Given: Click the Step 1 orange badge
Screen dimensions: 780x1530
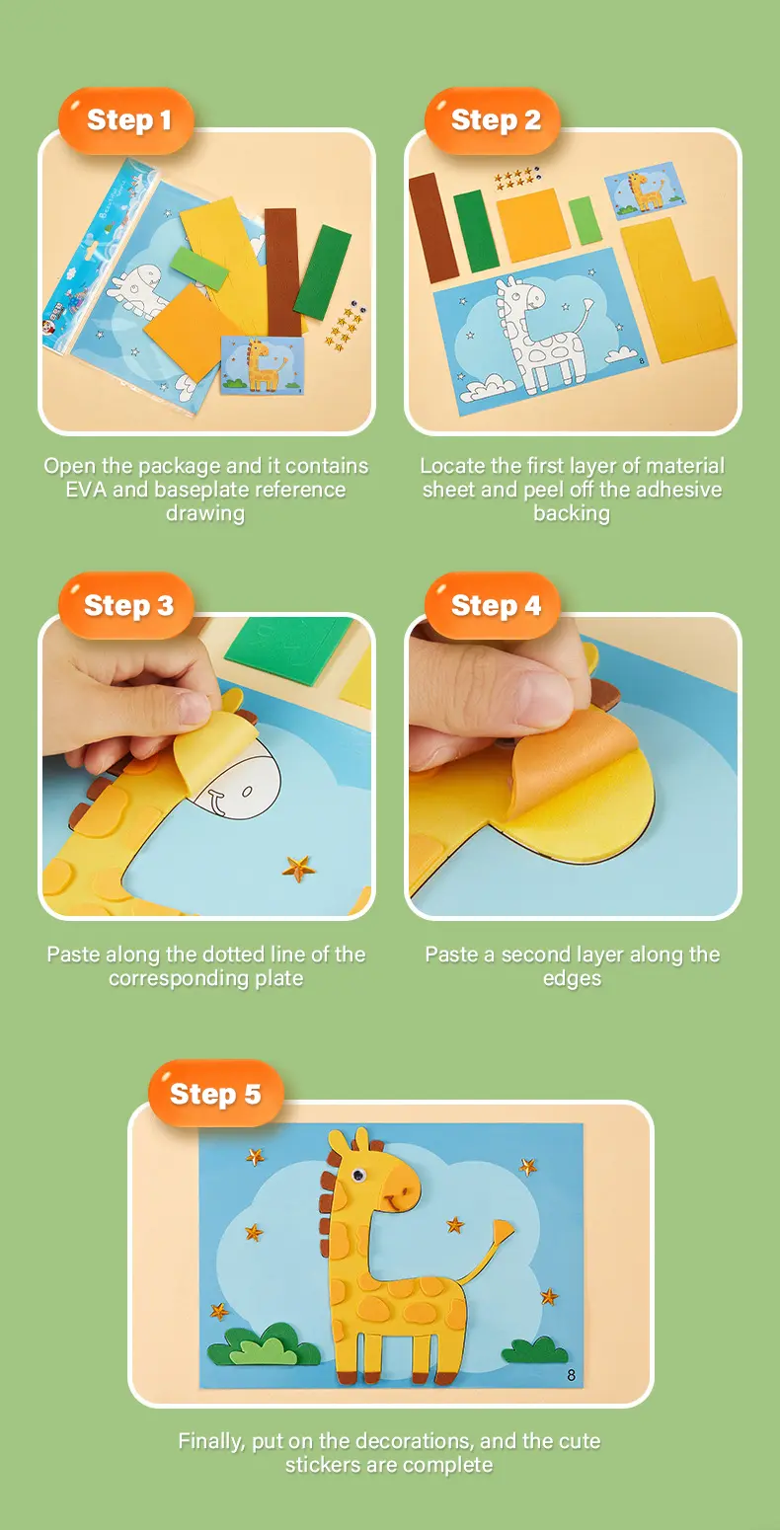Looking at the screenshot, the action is pyautogui.click(x=126, y=120).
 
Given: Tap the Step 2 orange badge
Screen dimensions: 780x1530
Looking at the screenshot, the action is pyautogui.click(x=493, y=120).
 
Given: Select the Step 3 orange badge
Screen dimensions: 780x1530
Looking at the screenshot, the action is pyautogui.click(x=126, y=605).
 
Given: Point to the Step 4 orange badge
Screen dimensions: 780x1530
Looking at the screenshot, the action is pyautogui.click(x=493, y=605).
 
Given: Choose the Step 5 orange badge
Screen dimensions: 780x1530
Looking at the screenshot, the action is pyautogui.click(x=216, y=1094).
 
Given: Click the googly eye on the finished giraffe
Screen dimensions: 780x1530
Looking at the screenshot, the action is pyautogui.click(x=357, y=1175).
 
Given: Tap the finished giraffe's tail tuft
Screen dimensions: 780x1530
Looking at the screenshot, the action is pyautogui.click(x=504, y=1231).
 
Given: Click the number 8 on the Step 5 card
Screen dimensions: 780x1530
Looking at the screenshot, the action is pyautogui.click(x=571, y=1374).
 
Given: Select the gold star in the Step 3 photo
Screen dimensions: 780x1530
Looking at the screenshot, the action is pyautogui.click(x=299, y=868).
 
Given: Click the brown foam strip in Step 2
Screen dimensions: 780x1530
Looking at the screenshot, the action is pyautogui.click(x=433, y=228).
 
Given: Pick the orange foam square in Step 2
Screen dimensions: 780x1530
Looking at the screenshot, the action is pyautogui.click(x=533, y=225).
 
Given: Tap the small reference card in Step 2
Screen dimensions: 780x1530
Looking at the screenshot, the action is pyautogui.click(x=645, y=190).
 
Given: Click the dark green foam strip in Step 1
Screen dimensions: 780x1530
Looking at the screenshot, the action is pyautogui.click(x=323, y=271).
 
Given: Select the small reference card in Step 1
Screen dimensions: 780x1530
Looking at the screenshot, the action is pyautogui.click(x=263, y=365).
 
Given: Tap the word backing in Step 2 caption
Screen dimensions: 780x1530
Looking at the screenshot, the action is pyautogui.click(x=572, y=513).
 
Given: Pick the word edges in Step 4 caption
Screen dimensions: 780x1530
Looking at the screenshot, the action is pyautogui.click(x=573, y=979).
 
